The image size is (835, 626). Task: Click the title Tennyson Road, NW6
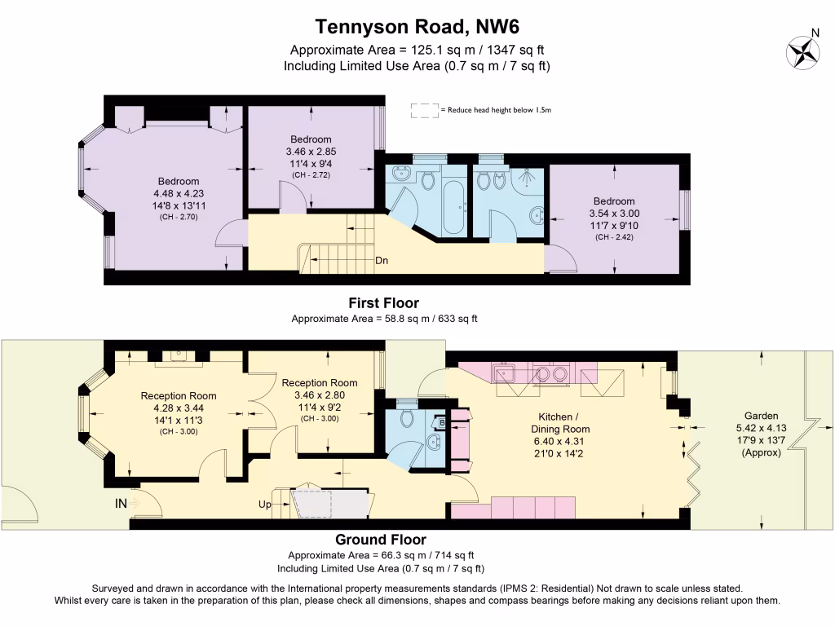point(417,27)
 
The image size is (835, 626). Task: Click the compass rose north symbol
point(802,51)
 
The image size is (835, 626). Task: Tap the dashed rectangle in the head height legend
point(425,110)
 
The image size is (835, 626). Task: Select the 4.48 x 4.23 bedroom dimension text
point(179,194)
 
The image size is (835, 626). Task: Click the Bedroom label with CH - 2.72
point(310,139)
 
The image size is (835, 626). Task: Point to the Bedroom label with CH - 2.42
point(614,201)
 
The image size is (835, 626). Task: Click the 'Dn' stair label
point(382,262)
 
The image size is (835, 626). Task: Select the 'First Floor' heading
point(384,302)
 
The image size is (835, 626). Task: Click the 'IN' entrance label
point(121,504)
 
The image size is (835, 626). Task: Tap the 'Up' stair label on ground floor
point(265,505)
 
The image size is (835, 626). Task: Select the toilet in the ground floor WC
point(408,418)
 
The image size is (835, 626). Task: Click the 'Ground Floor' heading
point(381,540)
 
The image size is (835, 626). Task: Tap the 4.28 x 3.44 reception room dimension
point(179,408)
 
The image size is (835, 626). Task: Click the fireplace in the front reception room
point(179,356)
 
